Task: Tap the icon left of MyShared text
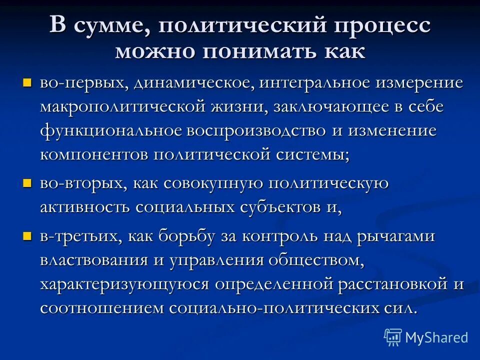coord(392,337)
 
